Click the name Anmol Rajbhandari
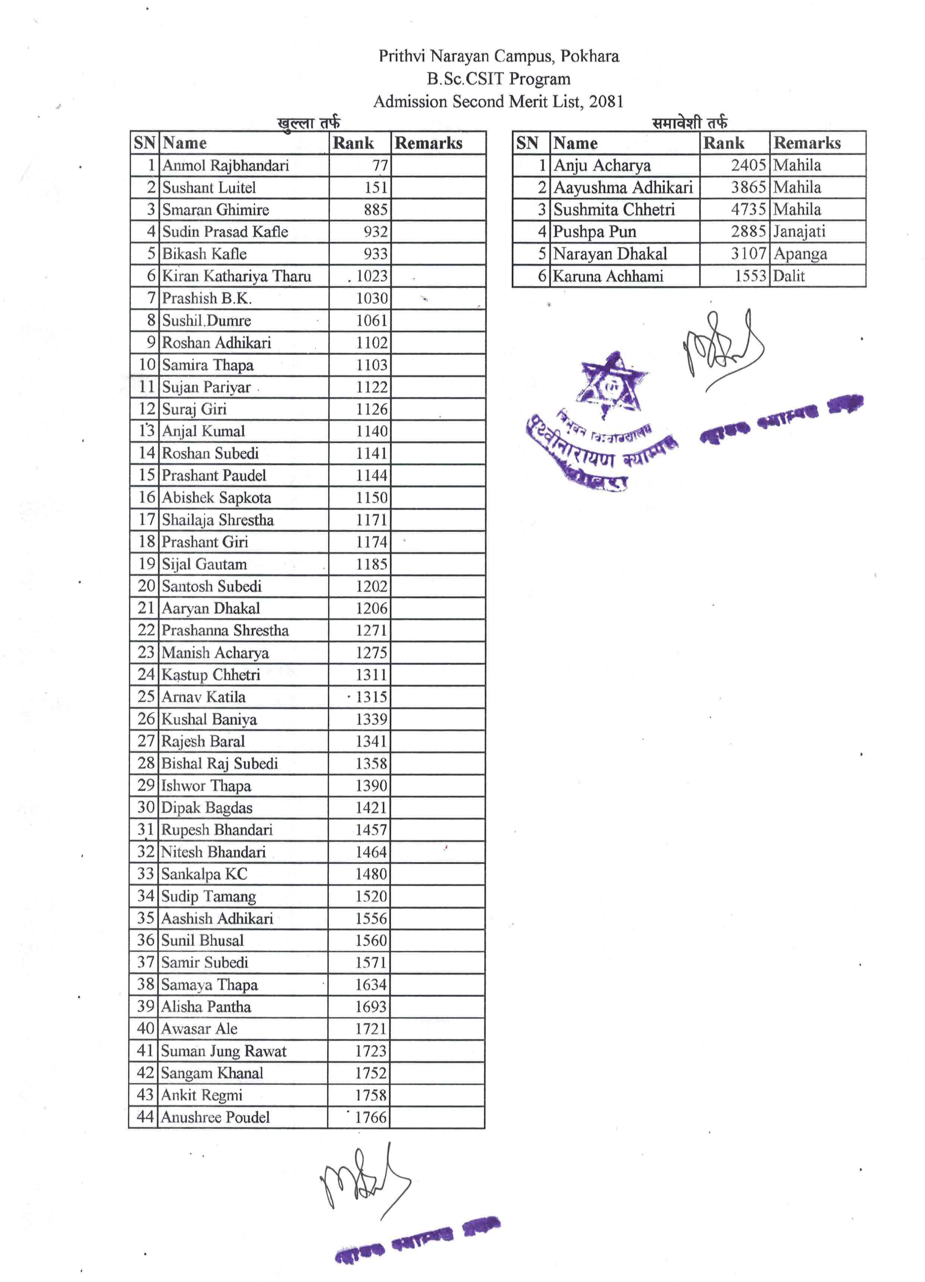click(x=225, y=166)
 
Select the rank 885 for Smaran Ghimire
click(x=376, y=210)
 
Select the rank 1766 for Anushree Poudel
click(x=371, y=1117)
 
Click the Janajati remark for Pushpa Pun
click(x=799, y=231)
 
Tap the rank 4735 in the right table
click(x=748, y=209)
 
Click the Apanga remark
click(x=800, y=254)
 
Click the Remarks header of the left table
click(x=428, y=143)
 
